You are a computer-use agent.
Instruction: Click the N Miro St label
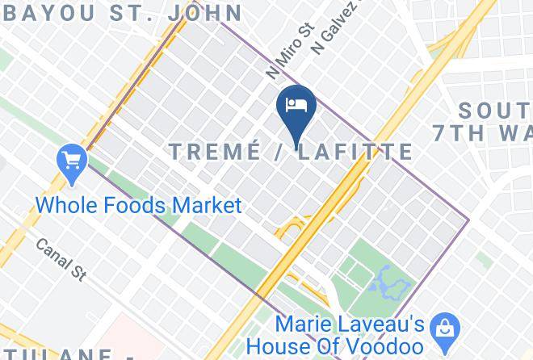click(x=279, y=50)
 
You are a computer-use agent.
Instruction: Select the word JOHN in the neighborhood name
click(x=208, y=13)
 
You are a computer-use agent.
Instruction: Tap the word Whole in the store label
click(x=68, y=205)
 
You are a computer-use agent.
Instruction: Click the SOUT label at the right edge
click(x=496, y=110)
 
